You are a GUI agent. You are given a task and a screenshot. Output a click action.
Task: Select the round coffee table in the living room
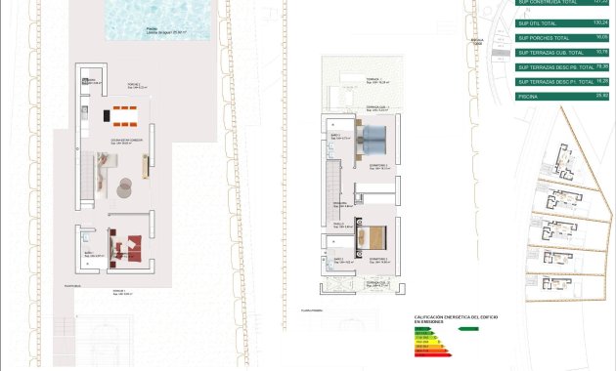tap(126, 184)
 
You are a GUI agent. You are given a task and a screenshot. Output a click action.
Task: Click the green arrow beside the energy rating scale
tap(469, 329)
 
